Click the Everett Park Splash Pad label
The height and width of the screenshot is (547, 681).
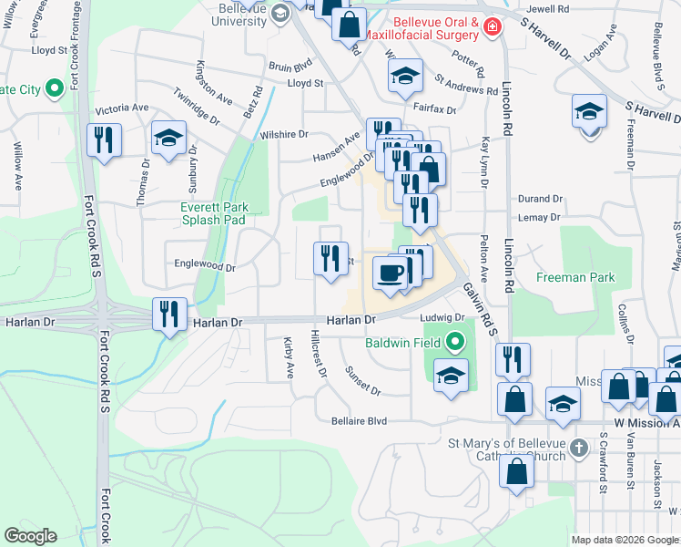(214, 213)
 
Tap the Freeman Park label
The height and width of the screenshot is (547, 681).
(575, 277)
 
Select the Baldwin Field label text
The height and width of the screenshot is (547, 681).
(403, 344)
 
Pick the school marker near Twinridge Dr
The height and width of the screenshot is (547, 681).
(168, 139)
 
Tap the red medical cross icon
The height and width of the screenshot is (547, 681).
(493, 27)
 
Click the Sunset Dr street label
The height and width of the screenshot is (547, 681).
(362, 381)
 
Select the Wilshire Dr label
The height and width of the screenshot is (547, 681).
(284, 134)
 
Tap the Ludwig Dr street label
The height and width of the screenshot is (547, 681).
(442, 318)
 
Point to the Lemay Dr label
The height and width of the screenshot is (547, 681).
(540, 217)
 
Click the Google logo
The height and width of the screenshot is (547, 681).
(31, 536)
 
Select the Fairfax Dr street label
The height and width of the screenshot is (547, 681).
(434, 108)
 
